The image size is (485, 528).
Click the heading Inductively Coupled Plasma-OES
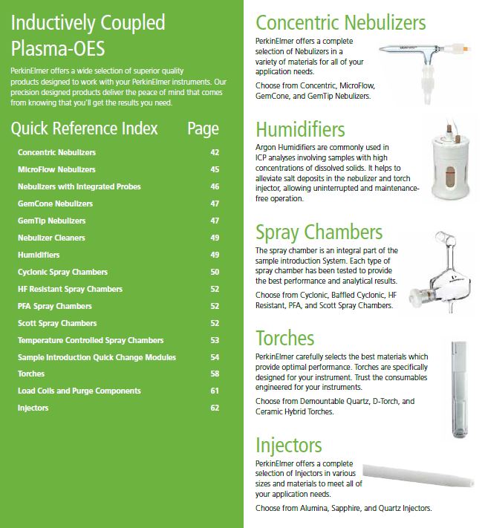(x=88, y=36)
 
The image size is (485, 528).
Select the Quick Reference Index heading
(x=84, y=128)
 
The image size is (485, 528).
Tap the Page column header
(x=203, y=128)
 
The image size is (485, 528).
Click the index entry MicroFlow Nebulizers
(x=56, y=169)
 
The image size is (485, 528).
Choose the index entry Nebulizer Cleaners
(x=51, y=238)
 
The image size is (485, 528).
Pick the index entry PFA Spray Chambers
(x=55, y=306)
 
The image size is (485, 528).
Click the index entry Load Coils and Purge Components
(x=79, y=391)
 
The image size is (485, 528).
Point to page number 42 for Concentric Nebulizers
(x=215, y=152)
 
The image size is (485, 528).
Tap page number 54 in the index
(x=215, y=357)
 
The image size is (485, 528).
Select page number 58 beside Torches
(x=215, y=374)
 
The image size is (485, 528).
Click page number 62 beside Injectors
(x=215, y=408)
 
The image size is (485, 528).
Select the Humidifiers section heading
(x=300, y=130)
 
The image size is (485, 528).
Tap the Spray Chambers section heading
(x=319, y=232)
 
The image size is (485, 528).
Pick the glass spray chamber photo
(x=439, y=271)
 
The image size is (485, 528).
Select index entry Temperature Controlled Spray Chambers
(x=91, y=340)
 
